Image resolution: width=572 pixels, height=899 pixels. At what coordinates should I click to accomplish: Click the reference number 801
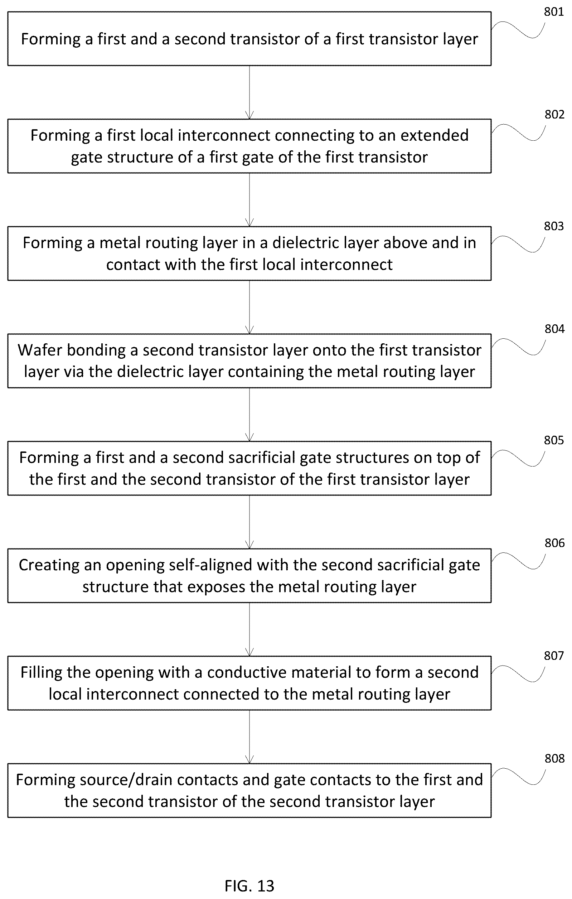(x=554, y=12)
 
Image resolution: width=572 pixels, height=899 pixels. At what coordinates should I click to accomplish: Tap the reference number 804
(x=554, y=329)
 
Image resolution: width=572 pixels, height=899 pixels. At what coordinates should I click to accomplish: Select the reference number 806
(x=554, y=543)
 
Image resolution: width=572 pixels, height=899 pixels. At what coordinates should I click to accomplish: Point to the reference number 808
(x=554, y=758)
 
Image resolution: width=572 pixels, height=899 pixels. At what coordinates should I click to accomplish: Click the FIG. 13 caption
(x=249, y=885)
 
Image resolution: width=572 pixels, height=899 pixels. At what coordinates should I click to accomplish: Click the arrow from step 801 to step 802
(x=249, y=93)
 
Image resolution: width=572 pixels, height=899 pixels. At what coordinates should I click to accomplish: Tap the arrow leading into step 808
(x=249, y=737)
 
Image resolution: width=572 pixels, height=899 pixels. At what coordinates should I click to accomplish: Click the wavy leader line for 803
(x=518, y=244)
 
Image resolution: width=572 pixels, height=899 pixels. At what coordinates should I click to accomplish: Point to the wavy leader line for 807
(x=518, y=674)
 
